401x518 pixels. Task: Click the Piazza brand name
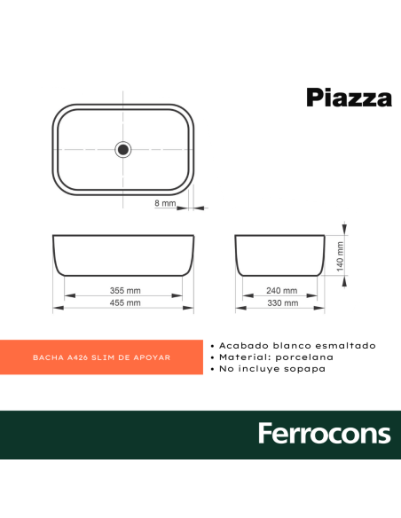pos(349,98)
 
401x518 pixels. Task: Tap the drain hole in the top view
pos(123,149)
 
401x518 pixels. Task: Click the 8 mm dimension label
pos(165,204)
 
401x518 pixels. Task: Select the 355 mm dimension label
pos(125,291)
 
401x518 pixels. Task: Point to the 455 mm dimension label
pos(125,303)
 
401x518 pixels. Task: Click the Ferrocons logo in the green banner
pos(324,434)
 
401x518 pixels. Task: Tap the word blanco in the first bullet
pos(293,345)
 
